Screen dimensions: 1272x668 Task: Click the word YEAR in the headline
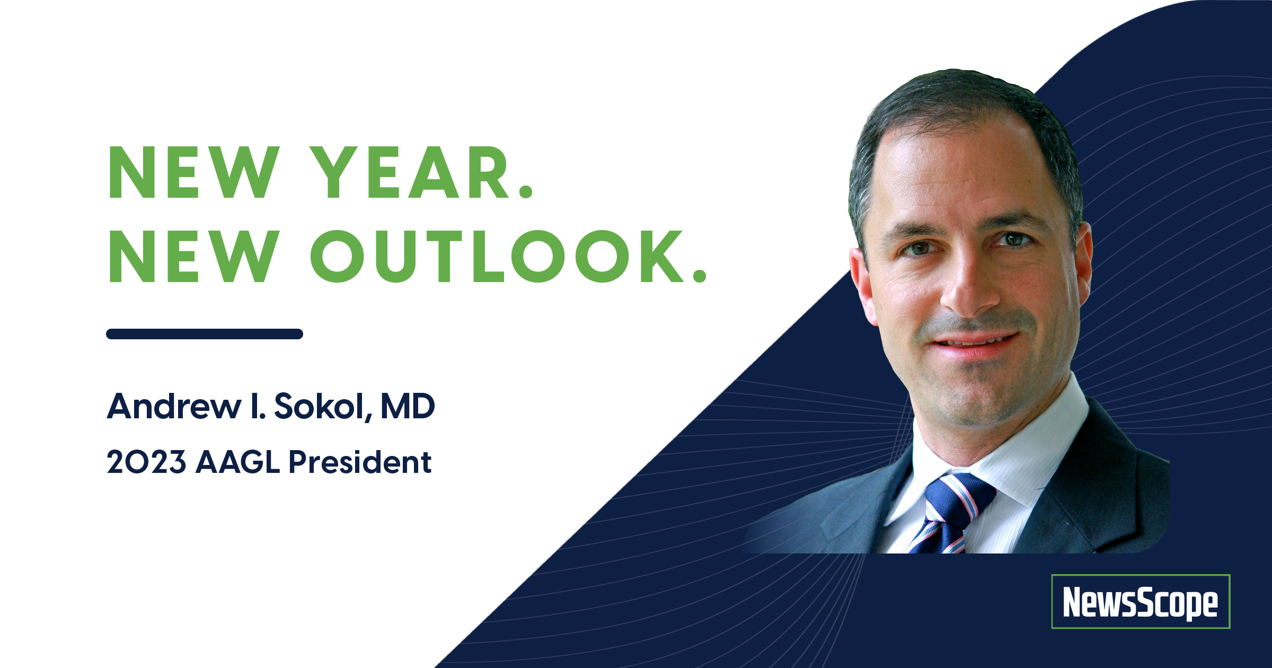[411, 172]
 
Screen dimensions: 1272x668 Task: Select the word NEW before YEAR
[193, 172]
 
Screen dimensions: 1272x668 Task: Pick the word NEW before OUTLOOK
[193, 257]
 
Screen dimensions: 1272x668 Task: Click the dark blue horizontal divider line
[205, 333]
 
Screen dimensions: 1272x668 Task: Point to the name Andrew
[174, 407]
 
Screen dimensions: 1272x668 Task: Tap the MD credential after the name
[408, 407]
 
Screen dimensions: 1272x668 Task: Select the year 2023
[146, 462]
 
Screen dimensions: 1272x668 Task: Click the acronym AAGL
[237, 462]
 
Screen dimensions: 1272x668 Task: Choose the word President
[360, 462]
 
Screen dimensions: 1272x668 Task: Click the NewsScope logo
[1141, 601]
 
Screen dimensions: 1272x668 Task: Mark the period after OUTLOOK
[700, 275]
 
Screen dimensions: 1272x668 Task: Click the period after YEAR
[525, 191]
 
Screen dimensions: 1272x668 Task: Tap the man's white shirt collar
[996, 451]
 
